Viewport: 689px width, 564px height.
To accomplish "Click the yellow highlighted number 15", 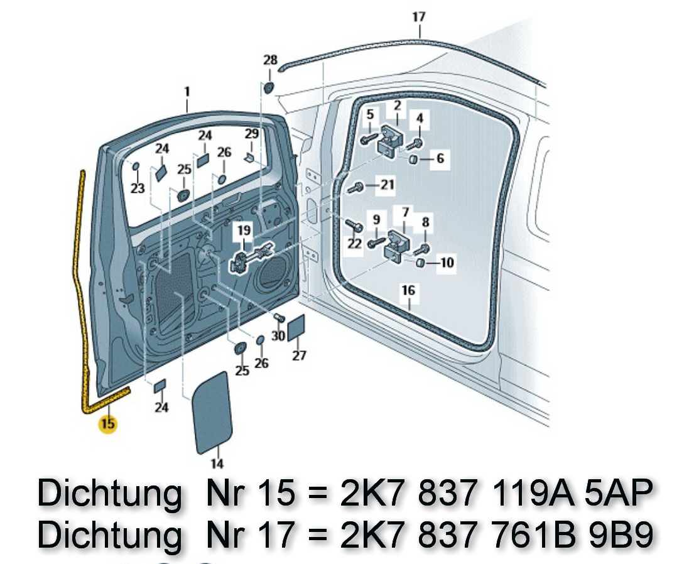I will coord(108,424).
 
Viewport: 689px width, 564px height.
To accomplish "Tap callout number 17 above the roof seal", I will coord(418,18).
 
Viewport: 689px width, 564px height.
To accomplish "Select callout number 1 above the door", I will coord(187,92).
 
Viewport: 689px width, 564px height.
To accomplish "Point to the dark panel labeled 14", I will coord(214,412).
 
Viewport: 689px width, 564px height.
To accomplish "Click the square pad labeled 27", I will coord(296,329).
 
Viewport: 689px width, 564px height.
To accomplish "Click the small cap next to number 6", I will coord(415,160).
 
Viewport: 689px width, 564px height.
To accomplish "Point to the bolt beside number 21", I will coord(355,187).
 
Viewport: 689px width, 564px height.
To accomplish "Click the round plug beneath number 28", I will coord(269,87).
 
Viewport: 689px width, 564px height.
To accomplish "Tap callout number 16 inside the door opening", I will coord(408,291).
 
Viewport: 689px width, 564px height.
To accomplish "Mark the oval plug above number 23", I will coord(135,166).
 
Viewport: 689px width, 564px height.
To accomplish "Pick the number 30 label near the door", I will coord(278,336).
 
